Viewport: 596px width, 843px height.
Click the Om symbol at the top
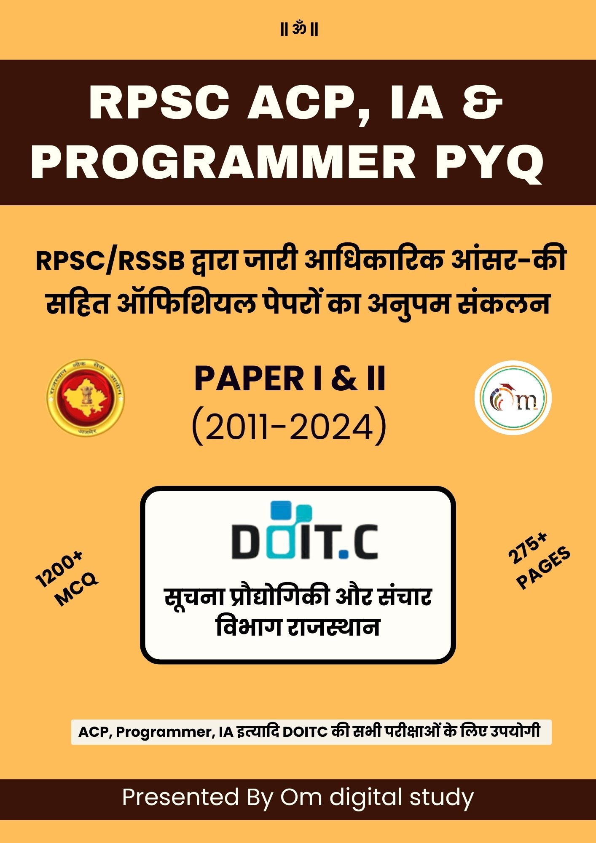coord(299,30)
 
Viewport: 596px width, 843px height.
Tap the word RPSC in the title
coord(159,103)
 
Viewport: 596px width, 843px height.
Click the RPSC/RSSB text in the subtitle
coord(110,260)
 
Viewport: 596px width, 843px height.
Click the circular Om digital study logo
coord(513,397)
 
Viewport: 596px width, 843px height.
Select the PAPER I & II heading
coord(290,379)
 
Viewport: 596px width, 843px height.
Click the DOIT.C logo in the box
coord(304,531)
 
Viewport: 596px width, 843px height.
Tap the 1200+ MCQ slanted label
coord(66,578)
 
